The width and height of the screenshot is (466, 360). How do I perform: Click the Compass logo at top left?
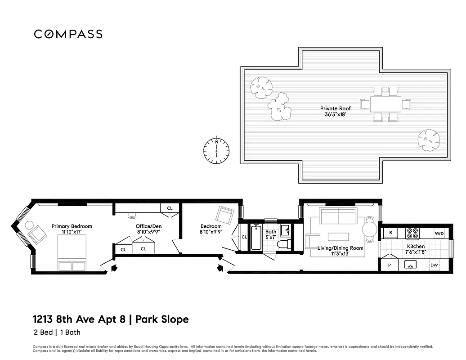pyautogui.click(x=68, y=34)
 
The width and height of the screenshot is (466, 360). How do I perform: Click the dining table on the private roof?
pyautogui.click(x=386, y=104)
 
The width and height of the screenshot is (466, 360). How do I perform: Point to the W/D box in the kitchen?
pyautogui.click(x=439, y=234)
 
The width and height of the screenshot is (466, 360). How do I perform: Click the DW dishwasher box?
pyautogui.click(x=435, y=265)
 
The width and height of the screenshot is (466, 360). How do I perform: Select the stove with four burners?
pyautogui.click(x=413, y=234)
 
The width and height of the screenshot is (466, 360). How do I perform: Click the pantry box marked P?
pyautogui.click(x=389, y=265)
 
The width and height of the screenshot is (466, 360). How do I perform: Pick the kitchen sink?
pyautogui.click(x=411, y=266)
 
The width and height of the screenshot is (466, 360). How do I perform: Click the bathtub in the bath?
pyautogui.click(x=255, y=237)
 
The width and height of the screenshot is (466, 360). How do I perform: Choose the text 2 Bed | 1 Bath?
pyautogui.click(x=56, y=333)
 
